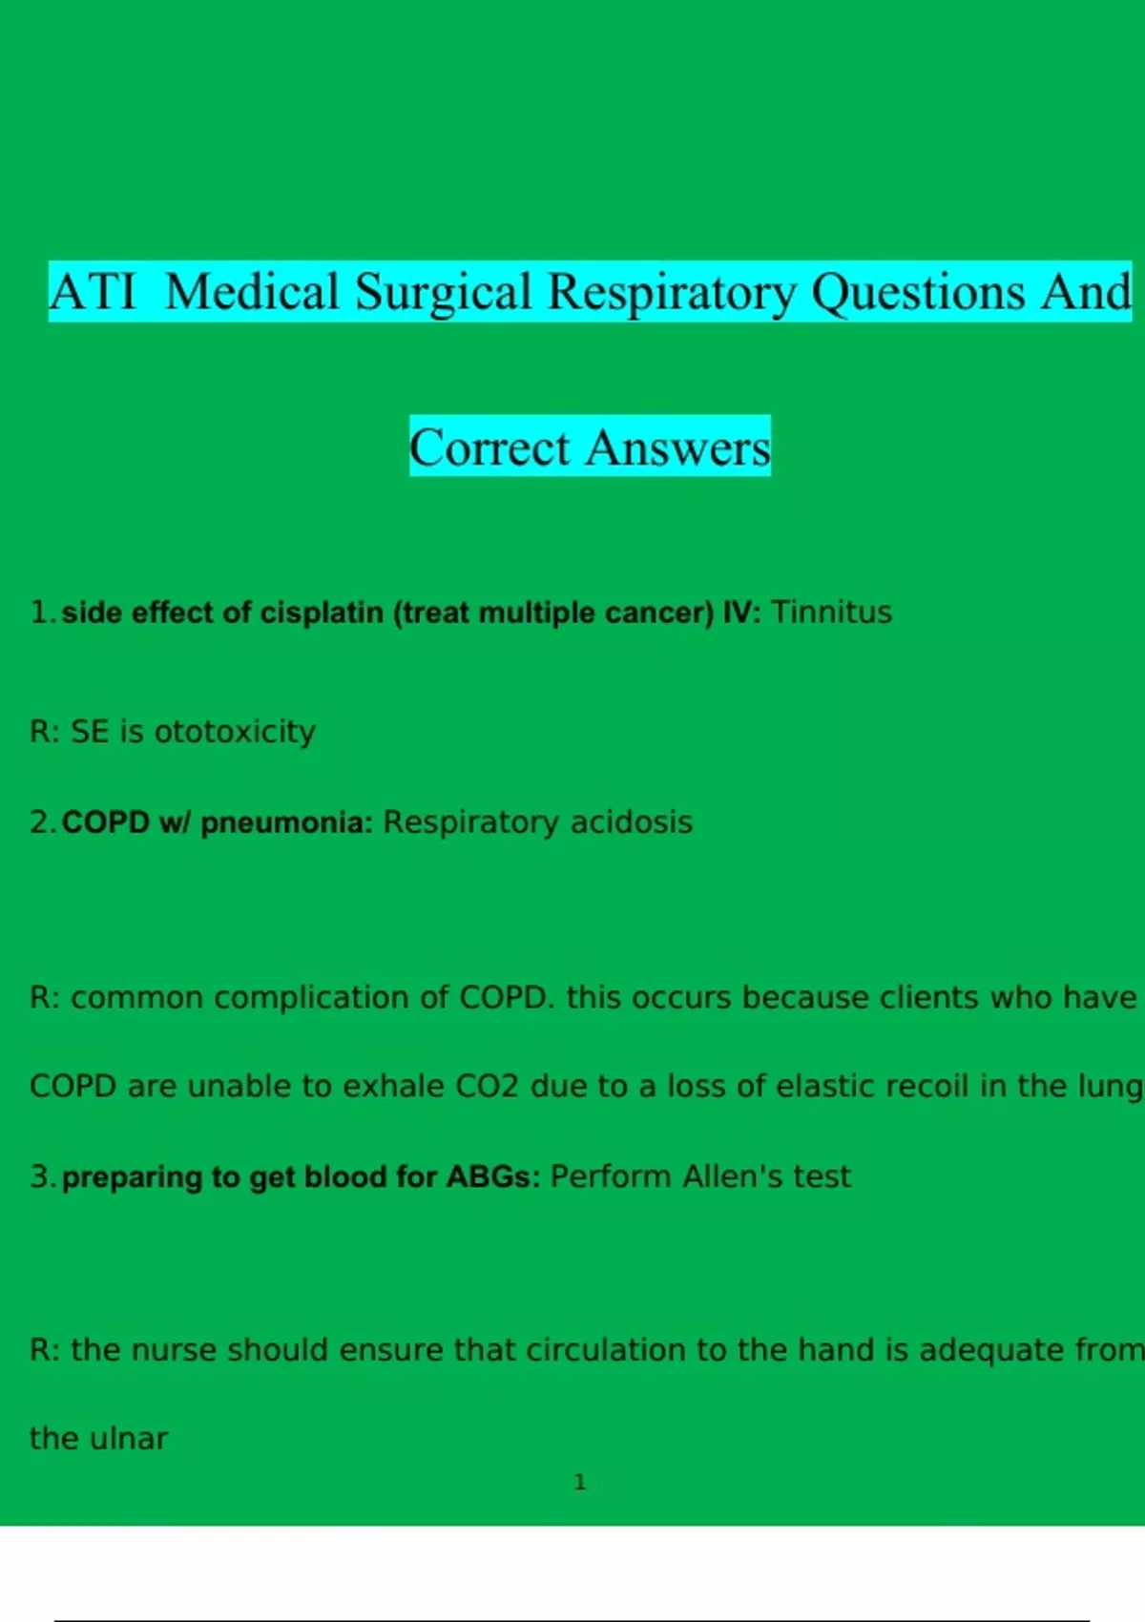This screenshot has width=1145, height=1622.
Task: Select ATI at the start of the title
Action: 93,292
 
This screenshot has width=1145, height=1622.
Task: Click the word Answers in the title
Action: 677,447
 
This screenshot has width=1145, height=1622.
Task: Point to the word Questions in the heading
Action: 918,293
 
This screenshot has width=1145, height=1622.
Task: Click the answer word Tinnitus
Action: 831,613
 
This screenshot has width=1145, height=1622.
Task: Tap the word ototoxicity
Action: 236,732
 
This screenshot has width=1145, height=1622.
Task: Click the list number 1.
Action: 42,613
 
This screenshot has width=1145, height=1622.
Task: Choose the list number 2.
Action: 43,822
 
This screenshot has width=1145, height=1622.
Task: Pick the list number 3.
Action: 43,1177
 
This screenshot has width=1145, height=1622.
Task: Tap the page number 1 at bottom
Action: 579,1483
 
